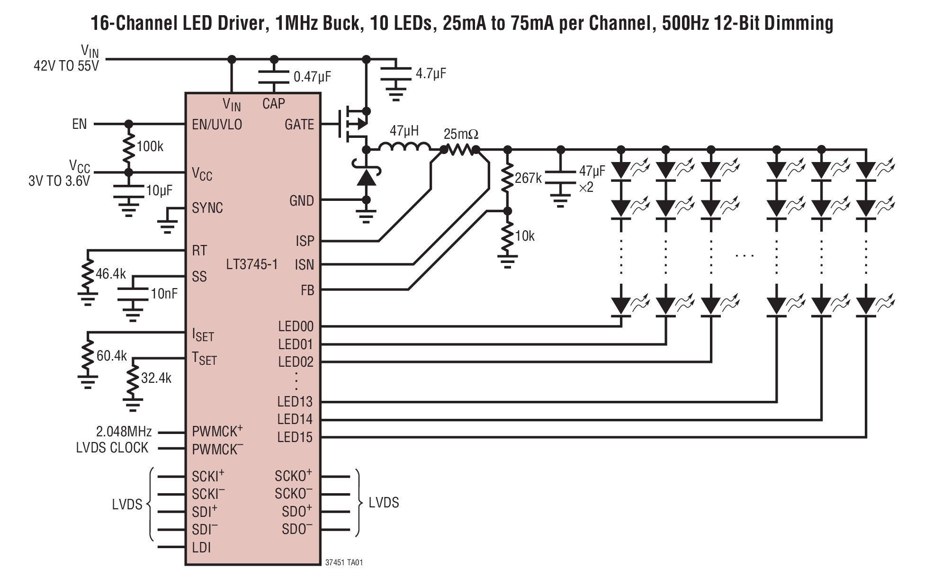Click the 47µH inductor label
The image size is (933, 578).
[404, 131]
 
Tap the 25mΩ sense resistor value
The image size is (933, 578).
[461, 135]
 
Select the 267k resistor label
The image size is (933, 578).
[528, 178]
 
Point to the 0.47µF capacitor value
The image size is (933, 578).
[312, 77]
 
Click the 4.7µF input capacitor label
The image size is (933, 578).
[431, 73]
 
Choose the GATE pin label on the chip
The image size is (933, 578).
[299, 125]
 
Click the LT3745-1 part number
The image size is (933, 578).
[251, 264]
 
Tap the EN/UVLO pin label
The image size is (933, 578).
[217, 125]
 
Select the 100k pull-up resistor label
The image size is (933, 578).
[150, 146]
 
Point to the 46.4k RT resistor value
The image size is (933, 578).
[111, 274]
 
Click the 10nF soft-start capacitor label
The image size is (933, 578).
[164, 294]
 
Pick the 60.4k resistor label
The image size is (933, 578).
[111, 356]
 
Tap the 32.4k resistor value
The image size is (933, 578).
[156, 378]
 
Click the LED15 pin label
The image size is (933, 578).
[295, 437]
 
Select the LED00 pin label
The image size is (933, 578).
[296, 326]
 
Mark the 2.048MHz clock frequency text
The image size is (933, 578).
[124, 432]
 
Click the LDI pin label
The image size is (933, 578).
[201, 548]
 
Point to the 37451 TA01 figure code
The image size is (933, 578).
[344, 562]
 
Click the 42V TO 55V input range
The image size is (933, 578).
[66, 66]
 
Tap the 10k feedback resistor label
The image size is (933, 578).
[525, 236]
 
